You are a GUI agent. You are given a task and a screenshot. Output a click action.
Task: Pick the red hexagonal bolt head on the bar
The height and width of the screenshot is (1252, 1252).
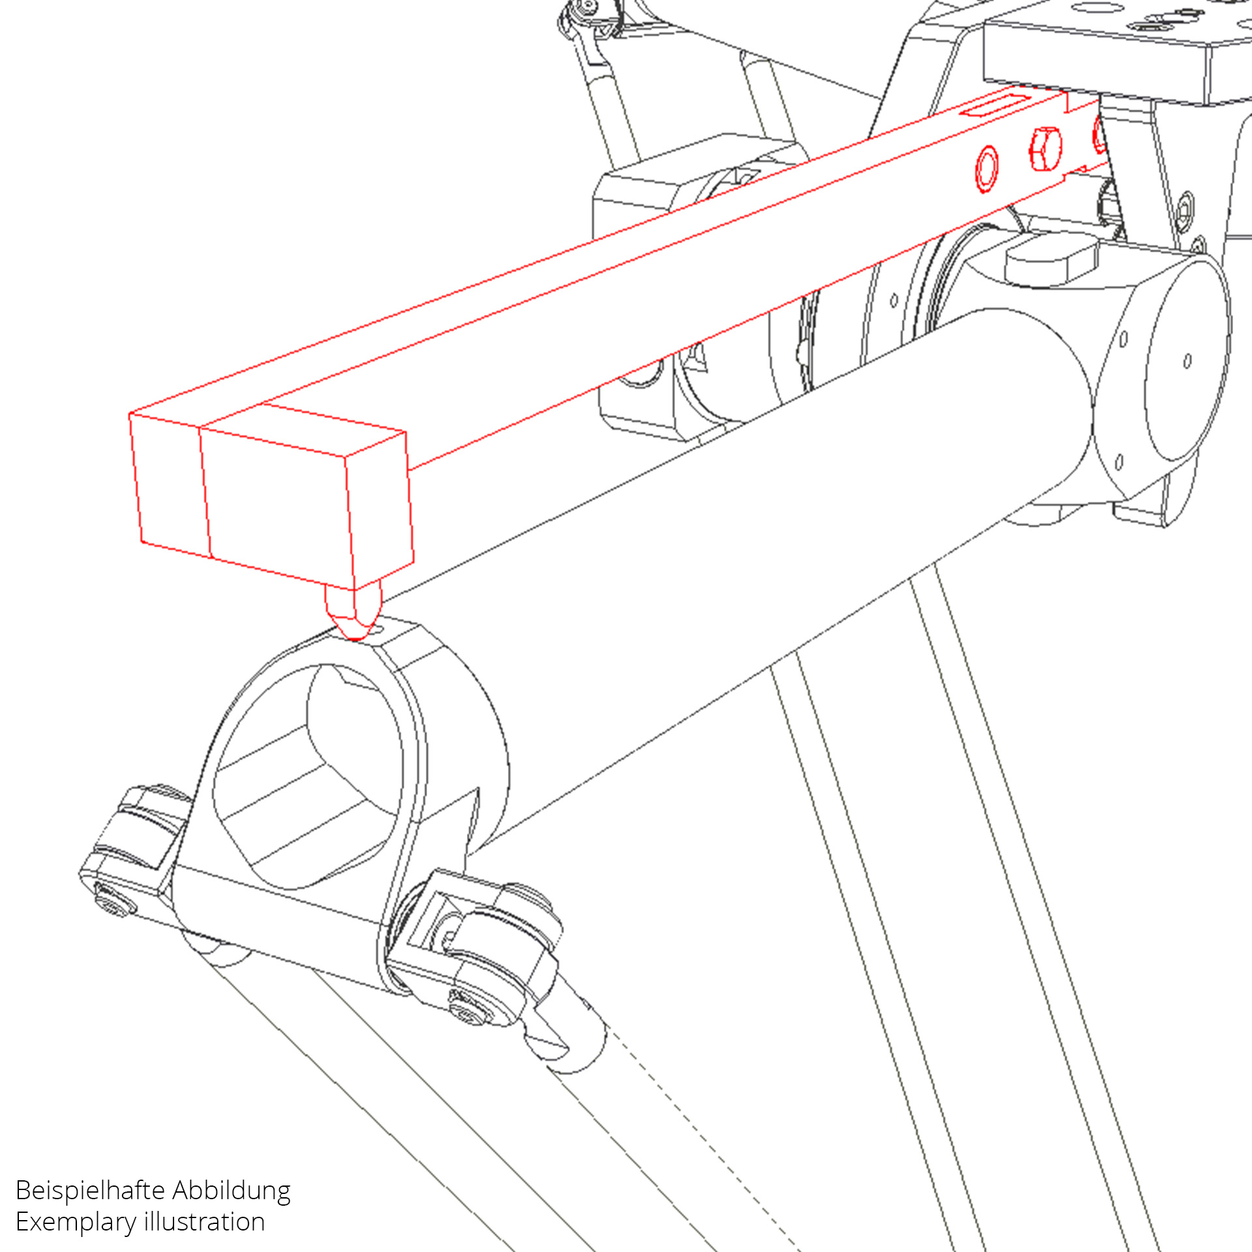coord(1045,149)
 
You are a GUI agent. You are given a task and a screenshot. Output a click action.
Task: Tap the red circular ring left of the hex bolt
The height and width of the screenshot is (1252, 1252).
coord(987,169)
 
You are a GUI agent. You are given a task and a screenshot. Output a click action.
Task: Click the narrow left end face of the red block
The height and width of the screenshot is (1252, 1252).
coord(170,486)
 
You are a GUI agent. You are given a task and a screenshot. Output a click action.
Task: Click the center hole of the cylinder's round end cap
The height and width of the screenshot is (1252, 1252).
coord(1187,361)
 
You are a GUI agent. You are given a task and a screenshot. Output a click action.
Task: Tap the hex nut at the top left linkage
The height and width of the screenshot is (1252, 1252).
coord(587,7)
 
